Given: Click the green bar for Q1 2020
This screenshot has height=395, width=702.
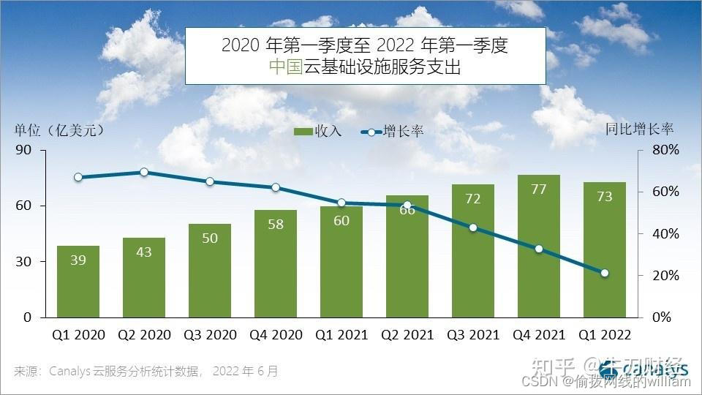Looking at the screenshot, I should point(78,282).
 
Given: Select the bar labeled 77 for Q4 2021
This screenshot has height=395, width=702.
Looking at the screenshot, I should point(538,246).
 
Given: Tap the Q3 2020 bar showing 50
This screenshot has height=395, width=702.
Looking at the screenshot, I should point(210,271).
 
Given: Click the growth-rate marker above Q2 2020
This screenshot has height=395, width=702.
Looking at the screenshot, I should point(144,172).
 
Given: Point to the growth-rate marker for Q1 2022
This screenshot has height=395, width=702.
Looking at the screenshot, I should point(604,273).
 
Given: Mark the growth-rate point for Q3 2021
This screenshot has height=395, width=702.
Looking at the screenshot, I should point(473,227).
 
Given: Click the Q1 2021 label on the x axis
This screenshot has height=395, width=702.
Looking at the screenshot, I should point(341,335).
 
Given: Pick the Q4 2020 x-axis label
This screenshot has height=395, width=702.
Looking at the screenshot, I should point(276,335).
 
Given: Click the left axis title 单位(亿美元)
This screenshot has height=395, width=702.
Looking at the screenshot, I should point(59,130).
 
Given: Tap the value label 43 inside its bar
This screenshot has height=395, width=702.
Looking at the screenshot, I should point(144,252).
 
